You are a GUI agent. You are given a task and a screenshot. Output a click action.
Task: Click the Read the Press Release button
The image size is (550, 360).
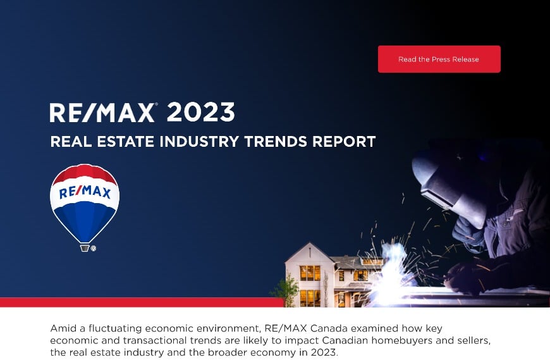439,59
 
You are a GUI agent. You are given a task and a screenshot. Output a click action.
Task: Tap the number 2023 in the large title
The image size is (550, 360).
200,112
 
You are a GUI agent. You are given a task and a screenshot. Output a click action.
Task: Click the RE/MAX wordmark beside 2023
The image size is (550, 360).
102,113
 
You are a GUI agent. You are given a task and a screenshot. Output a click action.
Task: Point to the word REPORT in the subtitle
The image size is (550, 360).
344,141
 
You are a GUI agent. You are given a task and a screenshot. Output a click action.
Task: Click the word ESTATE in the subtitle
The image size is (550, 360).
122,141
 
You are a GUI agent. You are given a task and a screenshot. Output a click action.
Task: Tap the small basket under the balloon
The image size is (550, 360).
85,248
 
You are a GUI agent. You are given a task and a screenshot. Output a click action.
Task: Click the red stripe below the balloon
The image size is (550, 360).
139,302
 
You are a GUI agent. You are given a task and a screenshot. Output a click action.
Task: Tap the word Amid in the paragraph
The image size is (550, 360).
63,330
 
